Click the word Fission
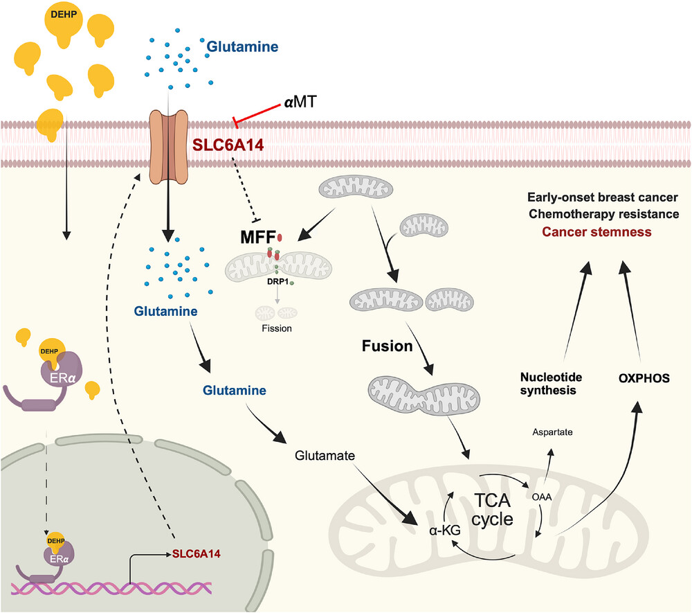coord(276,328)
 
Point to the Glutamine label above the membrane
coord(242,48)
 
